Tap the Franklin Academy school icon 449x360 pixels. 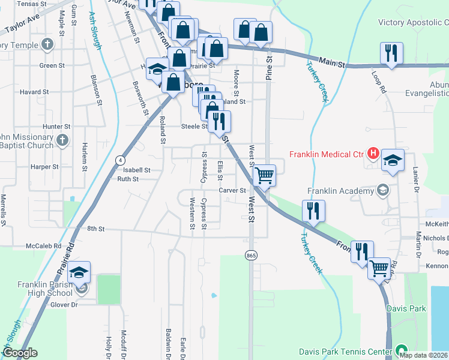(x=381, y=191)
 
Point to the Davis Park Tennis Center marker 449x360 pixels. (x=401, y=350)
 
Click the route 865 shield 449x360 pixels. (x=252, y=256)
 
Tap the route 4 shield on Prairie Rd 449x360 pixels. (x=121, y=160)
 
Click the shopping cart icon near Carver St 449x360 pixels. (x=265, y=176)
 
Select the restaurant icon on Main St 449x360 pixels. (x=391, y=53)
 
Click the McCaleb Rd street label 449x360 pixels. (x=44, y=246)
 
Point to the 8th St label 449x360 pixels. (x=95, y=229)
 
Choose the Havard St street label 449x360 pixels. (x=34, y=92)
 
